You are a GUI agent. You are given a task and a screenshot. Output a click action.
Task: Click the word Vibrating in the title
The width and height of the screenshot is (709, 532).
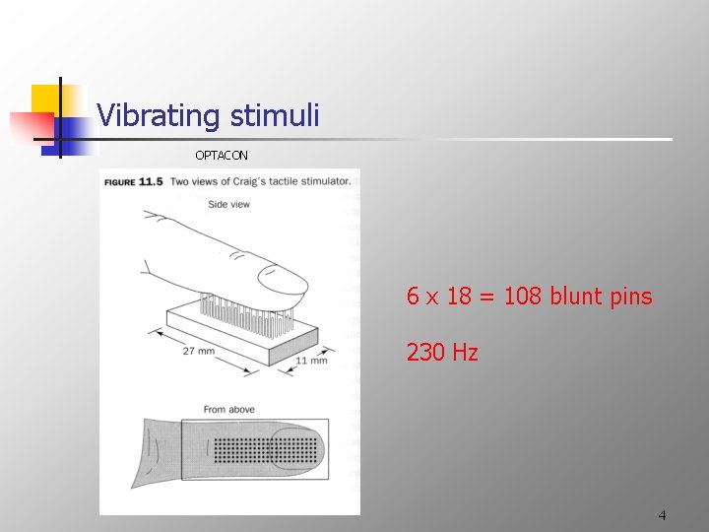(159, 116)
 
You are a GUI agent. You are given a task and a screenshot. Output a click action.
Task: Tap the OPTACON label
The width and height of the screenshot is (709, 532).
(222, 156)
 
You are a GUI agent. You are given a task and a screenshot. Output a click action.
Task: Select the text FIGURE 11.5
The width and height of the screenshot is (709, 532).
(134, 181)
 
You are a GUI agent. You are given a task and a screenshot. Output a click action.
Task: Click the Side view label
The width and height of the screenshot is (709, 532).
(228, 204)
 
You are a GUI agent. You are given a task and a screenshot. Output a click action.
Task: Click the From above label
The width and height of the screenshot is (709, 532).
(228, 409)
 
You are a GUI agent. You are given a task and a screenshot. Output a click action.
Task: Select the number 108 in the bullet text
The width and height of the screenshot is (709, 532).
(523, 297)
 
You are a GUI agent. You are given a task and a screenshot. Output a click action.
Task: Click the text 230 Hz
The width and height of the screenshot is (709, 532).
(442, 352)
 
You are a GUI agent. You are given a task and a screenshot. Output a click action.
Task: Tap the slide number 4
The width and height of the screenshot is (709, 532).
(662, 515)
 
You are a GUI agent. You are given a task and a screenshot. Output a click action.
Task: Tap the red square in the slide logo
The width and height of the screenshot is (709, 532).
(30, 127)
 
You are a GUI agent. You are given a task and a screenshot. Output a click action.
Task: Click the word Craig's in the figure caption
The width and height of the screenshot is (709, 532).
(260, 181)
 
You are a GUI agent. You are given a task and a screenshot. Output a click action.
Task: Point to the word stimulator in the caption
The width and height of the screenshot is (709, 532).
(319, 181)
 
